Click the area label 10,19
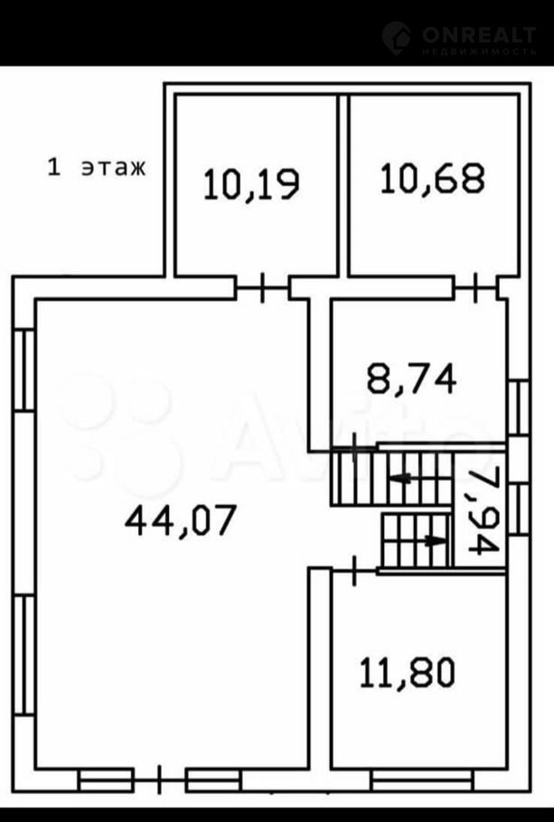251,183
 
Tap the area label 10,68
433,178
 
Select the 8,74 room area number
411,379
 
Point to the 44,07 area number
182,520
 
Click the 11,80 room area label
407,673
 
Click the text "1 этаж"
97,168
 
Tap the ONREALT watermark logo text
479,35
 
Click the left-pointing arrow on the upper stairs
400,478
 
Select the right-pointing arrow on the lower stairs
436,540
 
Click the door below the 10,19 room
262,287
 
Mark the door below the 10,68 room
475,287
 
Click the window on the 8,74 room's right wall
519,407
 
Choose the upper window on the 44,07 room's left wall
23,370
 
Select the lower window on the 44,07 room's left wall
23,655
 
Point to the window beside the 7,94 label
519,509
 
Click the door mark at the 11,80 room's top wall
354,570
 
